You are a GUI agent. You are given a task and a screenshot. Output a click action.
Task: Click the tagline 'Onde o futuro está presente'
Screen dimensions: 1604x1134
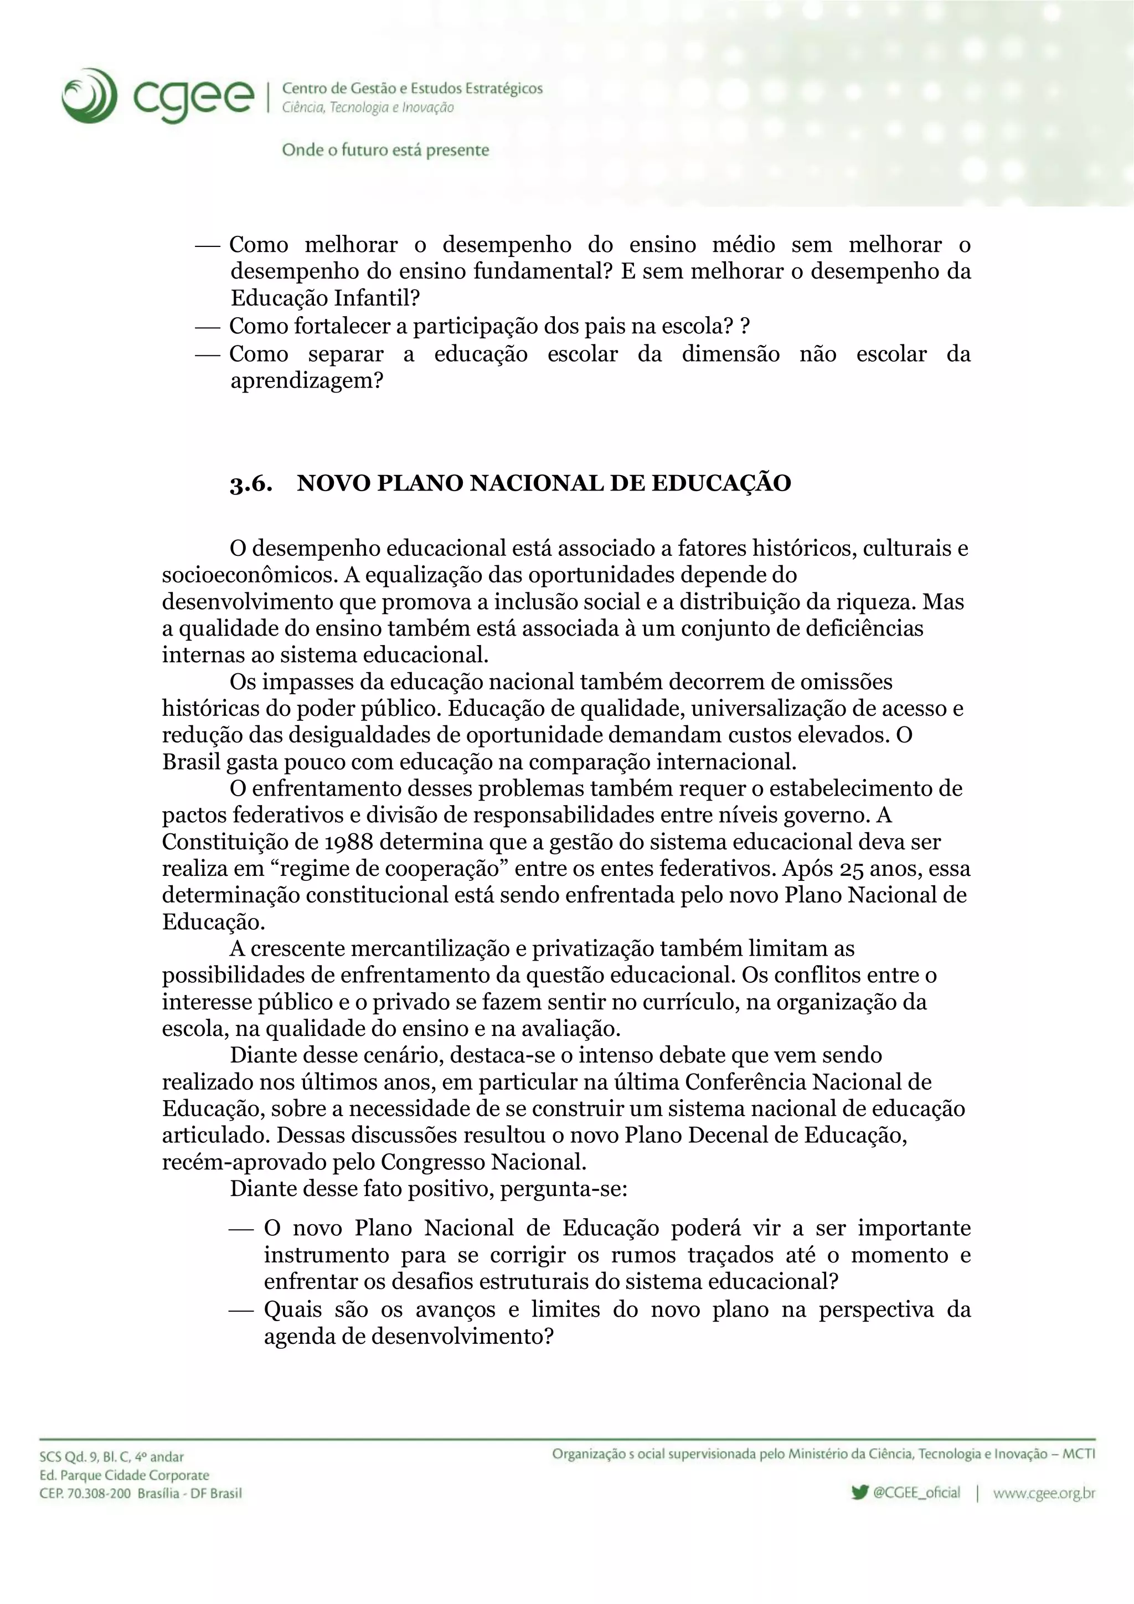tap(385, 150)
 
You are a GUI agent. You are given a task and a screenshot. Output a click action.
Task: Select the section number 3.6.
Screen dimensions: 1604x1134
tap(251, 483)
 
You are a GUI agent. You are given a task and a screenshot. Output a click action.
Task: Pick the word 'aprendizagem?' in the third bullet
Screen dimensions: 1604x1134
tap(307, 381)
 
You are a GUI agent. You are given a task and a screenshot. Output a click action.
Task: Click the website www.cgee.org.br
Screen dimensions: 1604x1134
tap(1043, 1493)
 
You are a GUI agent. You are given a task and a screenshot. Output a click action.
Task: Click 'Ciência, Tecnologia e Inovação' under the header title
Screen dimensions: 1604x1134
tap(368, 107)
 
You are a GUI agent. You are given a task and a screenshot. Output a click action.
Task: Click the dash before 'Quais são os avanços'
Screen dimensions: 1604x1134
tap(240, 1310)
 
